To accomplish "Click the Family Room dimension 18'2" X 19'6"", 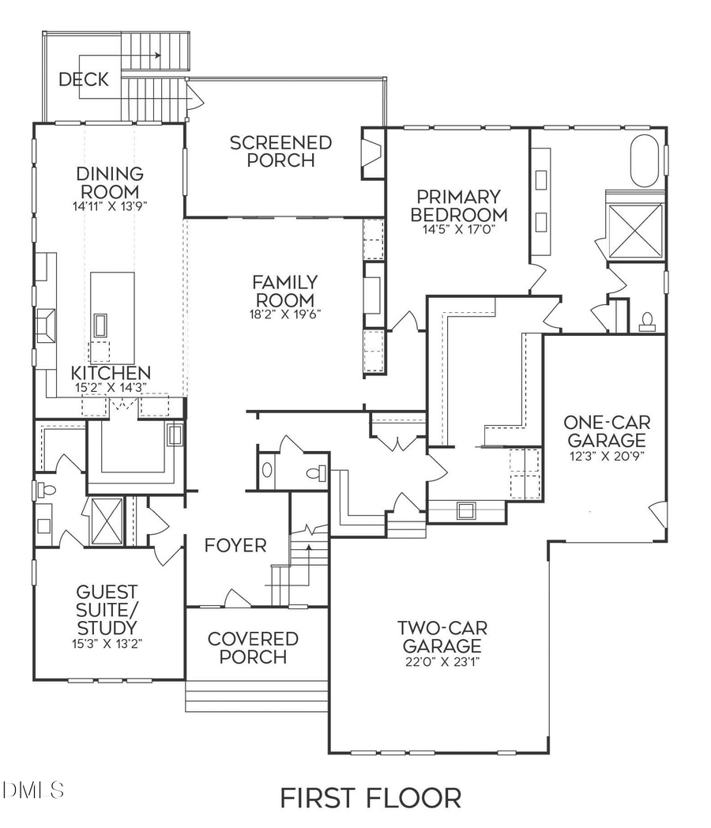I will pos(285,313).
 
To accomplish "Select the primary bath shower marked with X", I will pos(636,230).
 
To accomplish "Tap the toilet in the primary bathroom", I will pos(648,321).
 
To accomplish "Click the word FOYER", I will pos(235,546).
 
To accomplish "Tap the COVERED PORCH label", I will pos(253,647).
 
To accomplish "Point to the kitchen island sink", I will pos(100,324).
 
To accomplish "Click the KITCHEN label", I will pos(111,372).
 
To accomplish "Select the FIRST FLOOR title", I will pos(371,797).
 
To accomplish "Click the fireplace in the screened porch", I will pos(370,156).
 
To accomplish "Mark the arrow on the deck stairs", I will pos(158,55).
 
